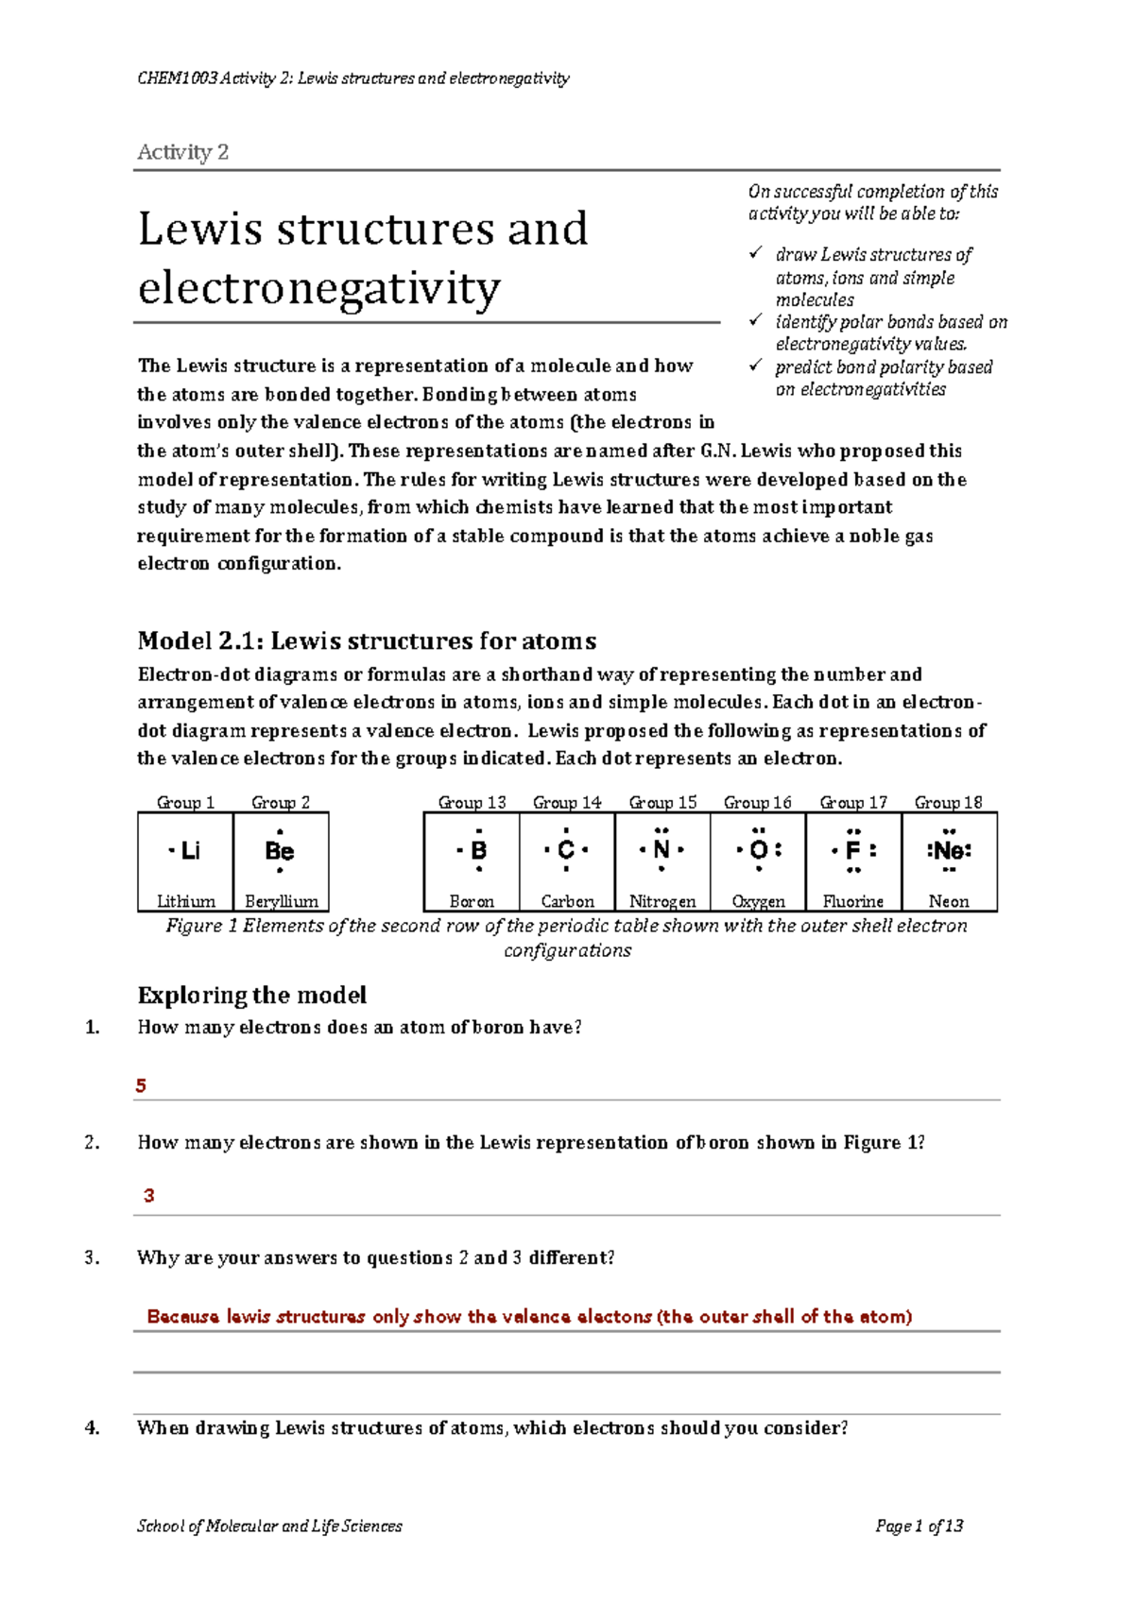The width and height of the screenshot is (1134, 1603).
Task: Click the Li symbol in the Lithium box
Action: click(x=189, y=850)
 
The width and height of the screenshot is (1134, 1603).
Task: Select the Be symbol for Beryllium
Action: click(x=280, y=850)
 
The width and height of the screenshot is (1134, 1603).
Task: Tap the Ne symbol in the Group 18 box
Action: click(x=949, y=850)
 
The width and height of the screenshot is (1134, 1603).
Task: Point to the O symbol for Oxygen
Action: click(x=758, y=850)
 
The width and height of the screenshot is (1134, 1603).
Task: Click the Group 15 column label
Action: click(x=662, y=802)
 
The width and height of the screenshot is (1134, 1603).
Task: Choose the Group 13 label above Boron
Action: click(x=472, y=802)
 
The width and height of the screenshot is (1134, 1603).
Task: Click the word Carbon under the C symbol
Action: click(x=567, y=901)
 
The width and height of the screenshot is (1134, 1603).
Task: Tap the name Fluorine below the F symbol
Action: click(x=853, y=901)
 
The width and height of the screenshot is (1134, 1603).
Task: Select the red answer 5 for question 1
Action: click(x=141, y=1085)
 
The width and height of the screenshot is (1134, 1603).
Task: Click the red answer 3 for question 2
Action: click(x=148, y=1195)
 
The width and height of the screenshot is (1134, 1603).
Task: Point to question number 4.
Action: click(x=92, y=1427)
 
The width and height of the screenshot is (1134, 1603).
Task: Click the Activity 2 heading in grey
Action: click(x=182, y=152)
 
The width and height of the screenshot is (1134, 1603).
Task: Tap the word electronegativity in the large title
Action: click(x=318, y=288)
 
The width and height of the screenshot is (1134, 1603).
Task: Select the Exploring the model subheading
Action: click(x=251, y=995)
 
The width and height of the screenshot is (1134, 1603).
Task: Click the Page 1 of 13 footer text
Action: click(x=919, y=1526)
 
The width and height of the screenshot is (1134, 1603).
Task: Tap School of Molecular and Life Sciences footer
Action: click(x=269, y=1526)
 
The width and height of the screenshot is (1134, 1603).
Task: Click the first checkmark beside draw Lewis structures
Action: click(x=755, y=253)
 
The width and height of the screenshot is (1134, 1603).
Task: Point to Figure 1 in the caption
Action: click(x=201, y=926)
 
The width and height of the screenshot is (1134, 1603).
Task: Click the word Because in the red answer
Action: click(x=182, y=1316)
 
